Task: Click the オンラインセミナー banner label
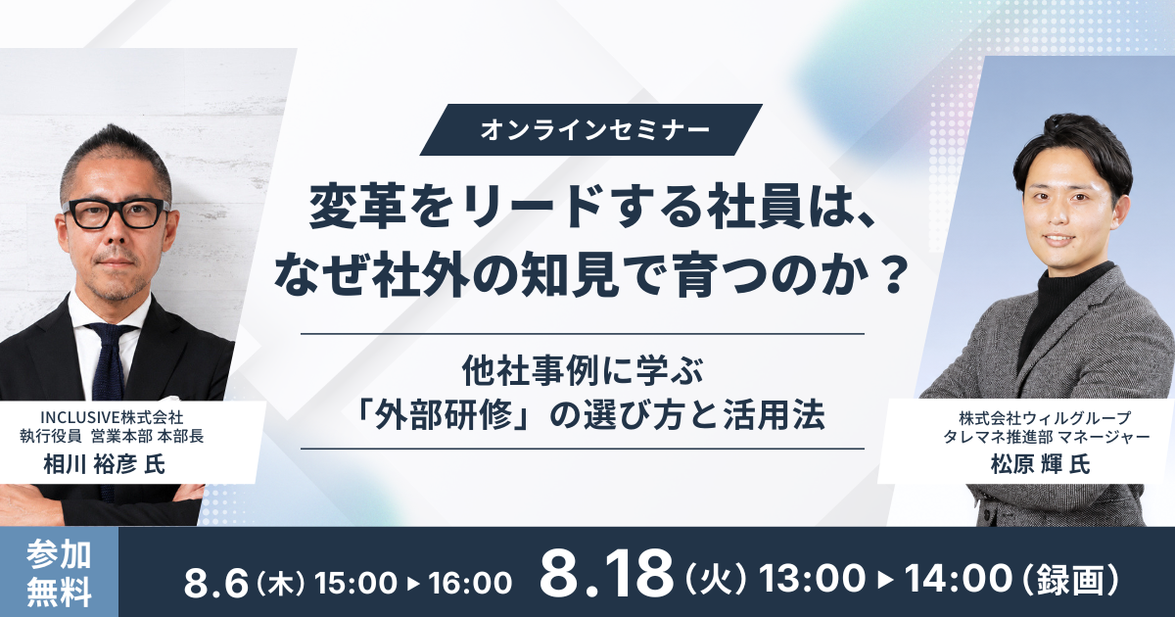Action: [590, 129]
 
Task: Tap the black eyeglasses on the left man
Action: [116, 214]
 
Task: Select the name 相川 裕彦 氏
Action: [105, 464]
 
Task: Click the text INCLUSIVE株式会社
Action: [113, 417]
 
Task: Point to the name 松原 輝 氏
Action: [1040, 464]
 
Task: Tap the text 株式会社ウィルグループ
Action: [1040, 418]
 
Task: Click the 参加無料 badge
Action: [59, 572]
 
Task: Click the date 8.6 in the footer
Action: [215, 583]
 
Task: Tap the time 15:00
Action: [355, 583]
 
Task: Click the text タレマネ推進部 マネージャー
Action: [1040, 437]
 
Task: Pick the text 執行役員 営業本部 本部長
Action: [112, 437]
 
